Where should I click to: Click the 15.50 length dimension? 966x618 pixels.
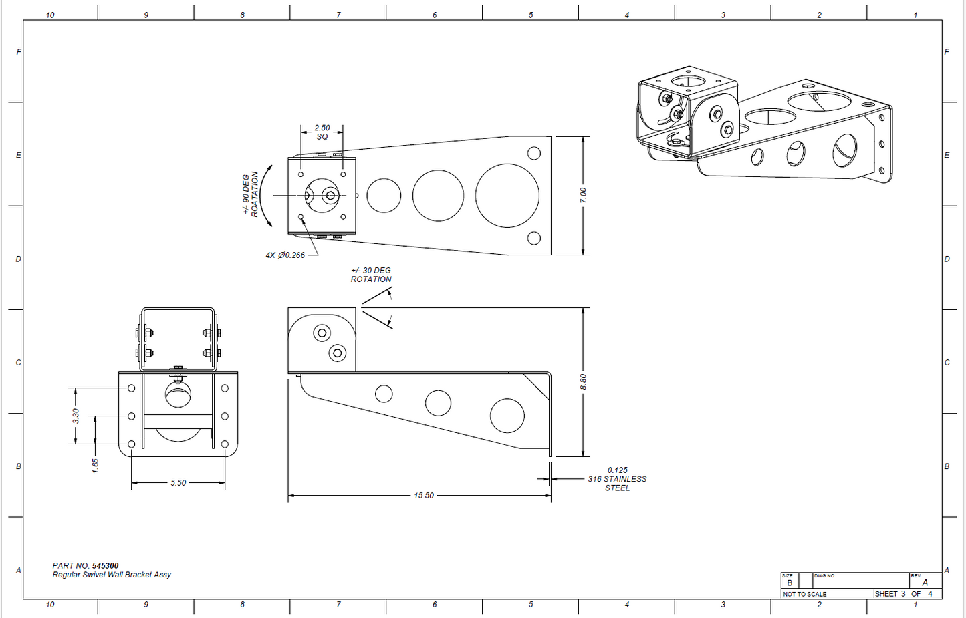[x=423, y=496]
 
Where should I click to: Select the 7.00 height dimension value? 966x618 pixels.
[x=583, y=195]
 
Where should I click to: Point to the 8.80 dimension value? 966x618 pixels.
[x=583, y=381]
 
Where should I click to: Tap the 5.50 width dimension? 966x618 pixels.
[x=178, y=483]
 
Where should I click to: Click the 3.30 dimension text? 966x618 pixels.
[x=76, y=416]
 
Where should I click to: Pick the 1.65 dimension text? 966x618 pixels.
[x=96, y=466]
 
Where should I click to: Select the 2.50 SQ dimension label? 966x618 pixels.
[x=322, y=132]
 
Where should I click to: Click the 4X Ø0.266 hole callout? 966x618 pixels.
[x=285, y=255]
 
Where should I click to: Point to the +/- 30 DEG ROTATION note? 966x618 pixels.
[x=371, y=275]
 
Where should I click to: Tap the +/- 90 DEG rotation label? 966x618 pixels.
[x=249, y=194]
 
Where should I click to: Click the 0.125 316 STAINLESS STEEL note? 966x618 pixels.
[x=617, y=479]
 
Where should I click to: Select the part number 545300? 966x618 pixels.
[x=105, y=565]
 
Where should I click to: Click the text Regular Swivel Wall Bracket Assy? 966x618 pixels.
[x=112, y=575]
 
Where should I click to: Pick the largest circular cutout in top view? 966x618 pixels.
[x=507, y=196]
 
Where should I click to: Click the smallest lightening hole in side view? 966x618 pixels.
[x=384, y=394]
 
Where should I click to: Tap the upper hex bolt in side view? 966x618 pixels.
[x=322, y=333]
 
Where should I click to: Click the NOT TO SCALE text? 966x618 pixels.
[x=805, y=594]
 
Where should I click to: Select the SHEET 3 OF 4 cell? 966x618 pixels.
[x=903, y=594]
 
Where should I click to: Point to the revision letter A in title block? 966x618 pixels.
[x=925, y=583]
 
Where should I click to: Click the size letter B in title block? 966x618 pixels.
[x=790, y=583]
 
